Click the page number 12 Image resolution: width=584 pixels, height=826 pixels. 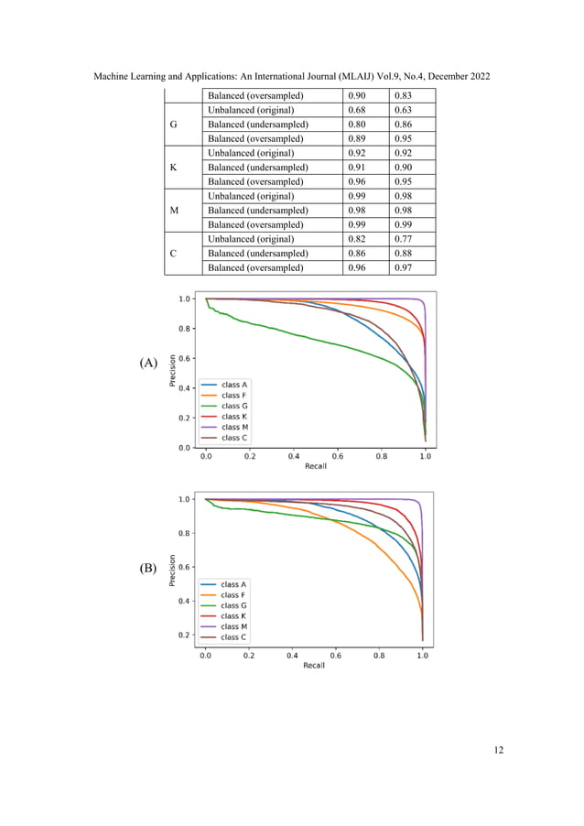tap(498, 750)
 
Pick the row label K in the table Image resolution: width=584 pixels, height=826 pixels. tap(175, 168)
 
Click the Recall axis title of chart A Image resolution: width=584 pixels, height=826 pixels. tap(316, 466)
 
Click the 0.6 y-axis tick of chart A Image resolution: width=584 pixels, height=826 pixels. tap(184, 358)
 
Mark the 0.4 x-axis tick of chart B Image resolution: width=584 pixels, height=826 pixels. tap(292, 656)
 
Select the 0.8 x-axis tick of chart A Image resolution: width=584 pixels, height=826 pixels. tap(382, 455)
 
